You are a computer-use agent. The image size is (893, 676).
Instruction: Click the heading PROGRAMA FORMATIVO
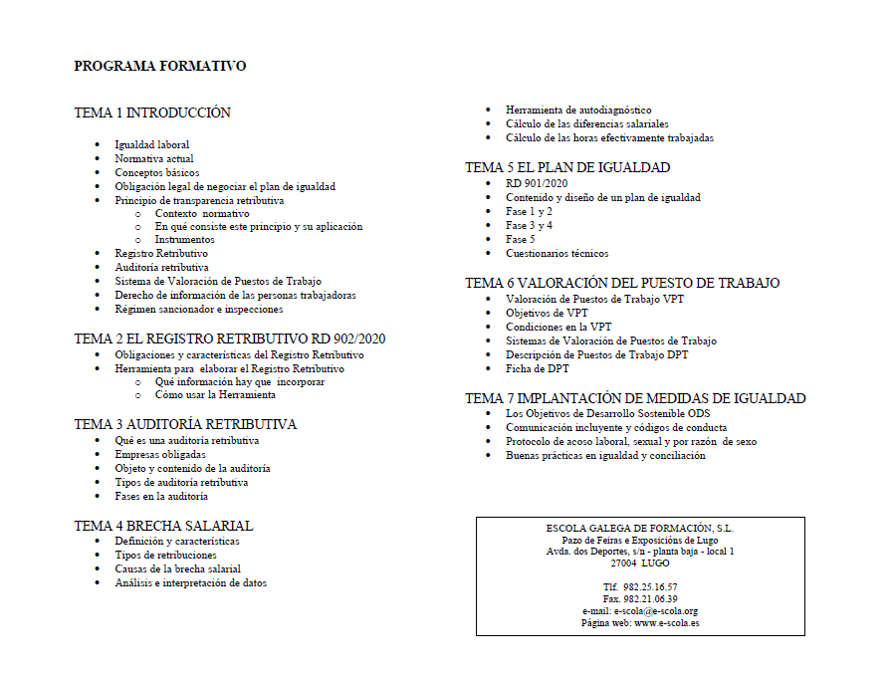(x=159, y=67)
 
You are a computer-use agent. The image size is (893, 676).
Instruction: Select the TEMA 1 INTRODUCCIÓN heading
(x=152, y=113)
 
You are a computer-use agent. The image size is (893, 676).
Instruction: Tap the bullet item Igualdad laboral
(x=151, y=144)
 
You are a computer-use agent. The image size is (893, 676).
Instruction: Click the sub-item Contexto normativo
(x=202, y=213)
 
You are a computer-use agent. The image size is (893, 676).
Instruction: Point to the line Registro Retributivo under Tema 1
(x=161, y=254)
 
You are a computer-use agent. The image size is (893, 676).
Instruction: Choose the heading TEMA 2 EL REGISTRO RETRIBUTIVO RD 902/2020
(x=229, y=338)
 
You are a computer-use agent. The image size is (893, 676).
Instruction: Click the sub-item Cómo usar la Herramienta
(x=215, y=394)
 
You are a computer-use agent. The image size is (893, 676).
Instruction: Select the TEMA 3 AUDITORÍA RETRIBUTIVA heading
(x=185, y=424)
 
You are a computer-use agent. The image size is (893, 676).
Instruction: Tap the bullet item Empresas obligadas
(x=160, y=454)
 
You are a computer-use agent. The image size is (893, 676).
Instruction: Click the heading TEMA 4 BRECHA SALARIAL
(x=163, y=526)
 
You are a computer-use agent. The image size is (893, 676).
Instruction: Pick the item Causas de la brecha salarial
(x=177, y=569)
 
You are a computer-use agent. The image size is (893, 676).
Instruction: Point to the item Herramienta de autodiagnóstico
(x=578, y=110)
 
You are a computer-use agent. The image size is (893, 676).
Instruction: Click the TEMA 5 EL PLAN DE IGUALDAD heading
(x=567, y=167)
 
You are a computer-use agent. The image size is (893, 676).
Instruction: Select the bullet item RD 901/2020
(x=536, y=183)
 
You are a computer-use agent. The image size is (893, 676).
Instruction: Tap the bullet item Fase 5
(x=520, y=239)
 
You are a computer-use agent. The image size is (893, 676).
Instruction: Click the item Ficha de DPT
(x=538, y=368)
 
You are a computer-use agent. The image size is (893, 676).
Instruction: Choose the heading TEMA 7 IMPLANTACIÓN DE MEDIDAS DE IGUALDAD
(x=635, y=398)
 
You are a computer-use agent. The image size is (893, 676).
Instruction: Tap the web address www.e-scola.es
(x=666, y=623)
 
